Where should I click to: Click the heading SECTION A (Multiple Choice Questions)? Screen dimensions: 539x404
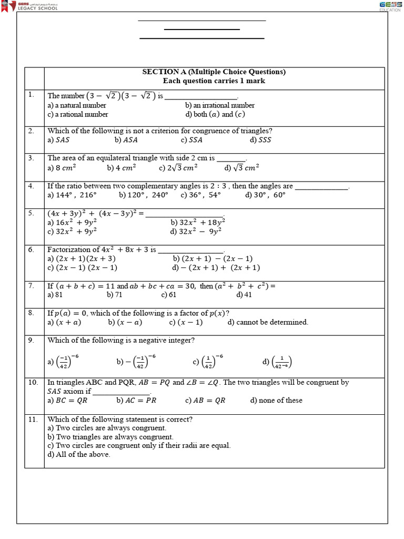tap(214, 72)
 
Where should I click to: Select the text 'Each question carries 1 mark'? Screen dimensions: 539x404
tap(214, 81)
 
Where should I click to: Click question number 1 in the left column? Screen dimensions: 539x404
tap(32, 95)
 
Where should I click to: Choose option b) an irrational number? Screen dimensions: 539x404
tap(219, 105)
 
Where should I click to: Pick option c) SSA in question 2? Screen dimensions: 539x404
tap(191, 140)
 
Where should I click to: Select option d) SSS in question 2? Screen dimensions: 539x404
tap(261, 140)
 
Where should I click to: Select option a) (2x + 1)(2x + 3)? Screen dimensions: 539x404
tap(82, 258)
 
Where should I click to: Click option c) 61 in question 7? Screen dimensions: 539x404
tap(169, 295)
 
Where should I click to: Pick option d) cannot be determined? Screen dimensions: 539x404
tap(268, 322)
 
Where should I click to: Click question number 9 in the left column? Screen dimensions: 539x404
tap(32, 340)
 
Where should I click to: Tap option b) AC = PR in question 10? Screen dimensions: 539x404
tap(136, 401)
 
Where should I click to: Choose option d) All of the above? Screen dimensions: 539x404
tap(79, 455)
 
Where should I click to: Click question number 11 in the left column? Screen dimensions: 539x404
tap(33, 419)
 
